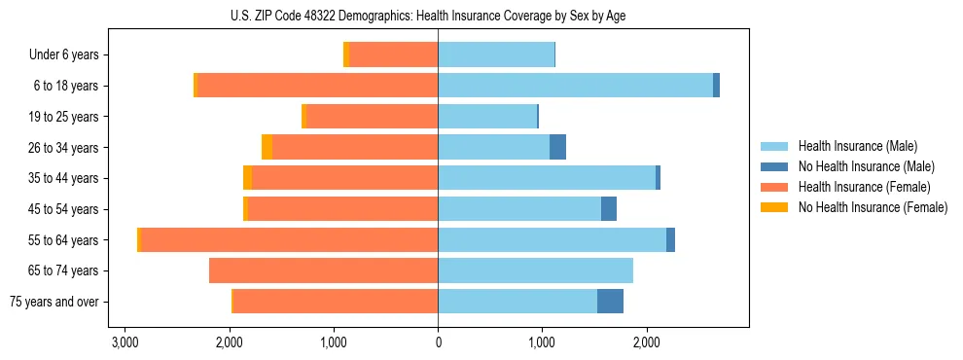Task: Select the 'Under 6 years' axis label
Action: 71,55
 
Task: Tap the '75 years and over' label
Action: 59,302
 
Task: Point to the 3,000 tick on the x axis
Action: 125,342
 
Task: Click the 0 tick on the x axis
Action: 438,342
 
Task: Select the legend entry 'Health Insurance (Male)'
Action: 857,146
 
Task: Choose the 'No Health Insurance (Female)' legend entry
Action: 873,207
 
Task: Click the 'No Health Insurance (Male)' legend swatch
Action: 774,166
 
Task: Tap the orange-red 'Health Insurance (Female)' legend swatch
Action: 774,187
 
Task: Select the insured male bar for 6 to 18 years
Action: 575,86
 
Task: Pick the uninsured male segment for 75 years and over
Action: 610,302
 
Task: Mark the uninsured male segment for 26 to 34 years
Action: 557,148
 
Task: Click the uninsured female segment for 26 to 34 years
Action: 267,148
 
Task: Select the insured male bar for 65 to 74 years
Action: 535,270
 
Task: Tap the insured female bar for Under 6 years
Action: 393,55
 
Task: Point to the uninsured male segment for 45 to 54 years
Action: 609,209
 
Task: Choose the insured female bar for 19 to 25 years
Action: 372,117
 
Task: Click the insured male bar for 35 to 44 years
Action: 547,178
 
